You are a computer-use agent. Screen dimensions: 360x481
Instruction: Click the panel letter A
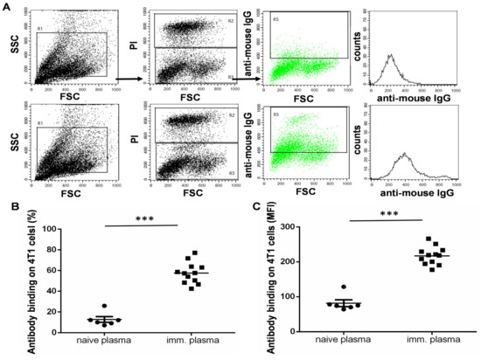coord(6,6)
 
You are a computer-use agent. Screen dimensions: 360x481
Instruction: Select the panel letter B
coord(6,206)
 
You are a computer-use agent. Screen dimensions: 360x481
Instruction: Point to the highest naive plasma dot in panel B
coord(104,306)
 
